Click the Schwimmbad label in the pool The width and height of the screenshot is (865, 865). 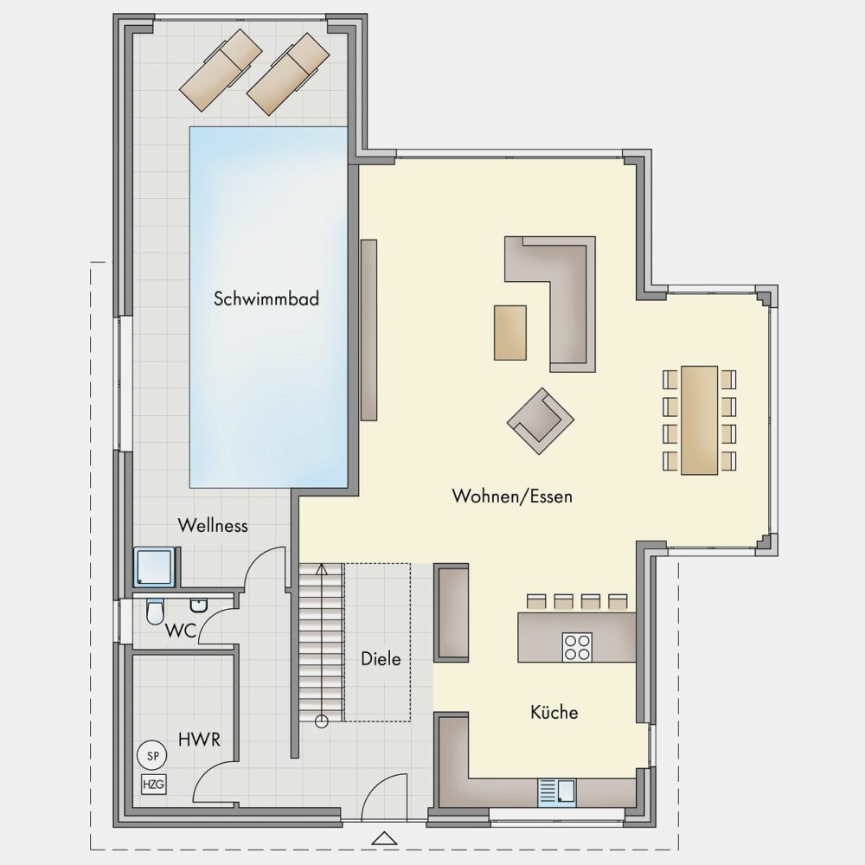(266, 298)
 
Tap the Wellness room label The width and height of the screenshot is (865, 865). (213, 525)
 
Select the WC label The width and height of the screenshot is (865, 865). (181, 631)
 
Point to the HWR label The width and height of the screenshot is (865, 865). (199, 740)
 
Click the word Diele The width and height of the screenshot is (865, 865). (381, 658)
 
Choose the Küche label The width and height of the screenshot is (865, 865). (554, 712)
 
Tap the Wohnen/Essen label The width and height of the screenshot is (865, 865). (512, 496)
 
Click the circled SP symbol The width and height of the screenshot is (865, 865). (153, 756)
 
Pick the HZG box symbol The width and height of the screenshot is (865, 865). (153, 784)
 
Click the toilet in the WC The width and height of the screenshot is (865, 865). (155, 612)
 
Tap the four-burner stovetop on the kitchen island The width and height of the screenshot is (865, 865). (577, 647)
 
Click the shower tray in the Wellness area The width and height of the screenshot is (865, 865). (157, 567)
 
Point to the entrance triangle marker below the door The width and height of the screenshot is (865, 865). (385, 838)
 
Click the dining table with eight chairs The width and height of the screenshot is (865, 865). (700, 420)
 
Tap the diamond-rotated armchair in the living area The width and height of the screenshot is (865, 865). (541, 420)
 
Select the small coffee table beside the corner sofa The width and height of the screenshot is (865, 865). (510, 333)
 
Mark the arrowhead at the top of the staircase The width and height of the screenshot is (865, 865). (322, 569)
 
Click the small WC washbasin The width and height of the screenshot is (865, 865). (198, 605)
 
